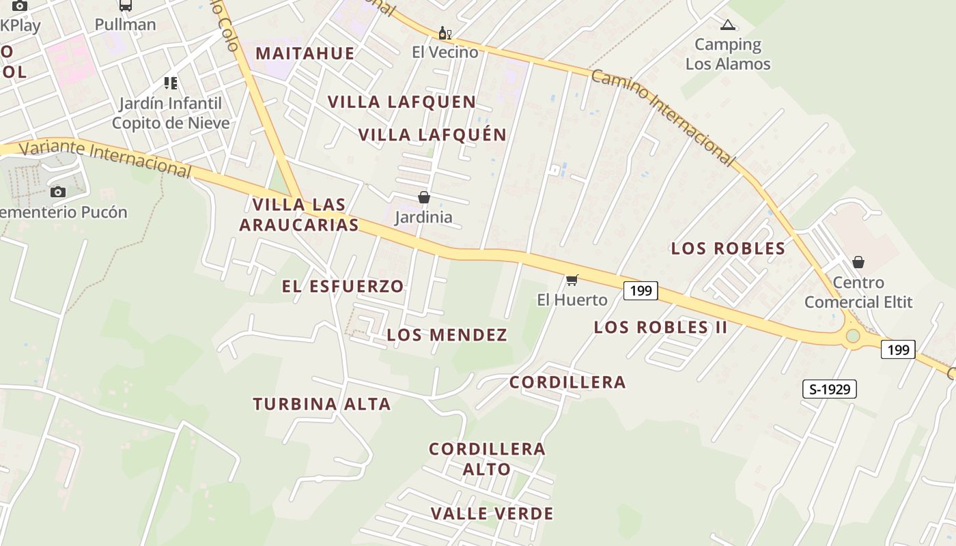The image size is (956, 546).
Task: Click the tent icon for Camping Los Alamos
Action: tap(727, 26)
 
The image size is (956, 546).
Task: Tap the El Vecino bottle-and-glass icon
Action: tap(445, 33)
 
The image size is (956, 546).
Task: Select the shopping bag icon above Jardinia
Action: tap(424, 198)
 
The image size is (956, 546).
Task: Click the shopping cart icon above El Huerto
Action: tap(572, 280)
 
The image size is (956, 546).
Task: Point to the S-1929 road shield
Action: tap(829, 389)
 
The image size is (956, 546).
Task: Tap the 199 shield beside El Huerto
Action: tap(640, 291)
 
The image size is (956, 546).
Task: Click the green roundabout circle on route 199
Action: tap(852, 336)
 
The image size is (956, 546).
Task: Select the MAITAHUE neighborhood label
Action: tap(305, 53)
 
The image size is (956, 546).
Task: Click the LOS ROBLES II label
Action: tap(660, 328)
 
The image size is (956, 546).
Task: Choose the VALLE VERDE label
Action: tap(492, 513)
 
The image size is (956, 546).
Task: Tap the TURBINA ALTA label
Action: tap(322, 404)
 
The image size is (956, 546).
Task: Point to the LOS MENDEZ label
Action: tap(447, 335)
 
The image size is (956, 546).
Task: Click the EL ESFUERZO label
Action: tap(343, 286)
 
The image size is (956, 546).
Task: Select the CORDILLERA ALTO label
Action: tap(487, 459)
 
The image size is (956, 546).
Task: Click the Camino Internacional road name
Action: tap(662, 117)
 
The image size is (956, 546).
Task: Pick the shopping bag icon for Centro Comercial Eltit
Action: tap(858, 262)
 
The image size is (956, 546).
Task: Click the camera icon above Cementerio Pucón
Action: tap(58, 192)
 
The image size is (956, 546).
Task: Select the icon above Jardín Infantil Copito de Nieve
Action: tap(171, 83)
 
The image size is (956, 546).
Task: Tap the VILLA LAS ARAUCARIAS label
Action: tap(299, 214)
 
